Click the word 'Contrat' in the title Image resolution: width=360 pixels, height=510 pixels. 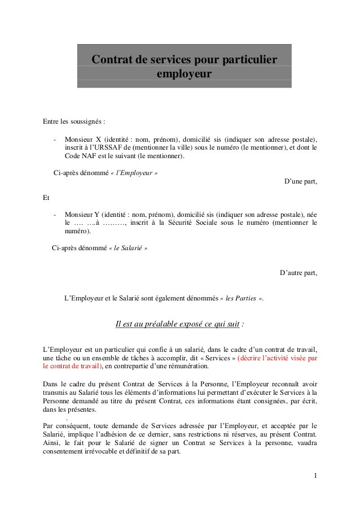[x=112, y=59]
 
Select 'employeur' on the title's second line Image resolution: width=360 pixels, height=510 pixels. [x=184, y=74]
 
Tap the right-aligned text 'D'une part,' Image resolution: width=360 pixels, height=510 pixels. [x=300, y=181]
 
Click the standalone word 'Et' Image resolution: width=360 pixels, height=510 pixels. [x=46, y=198]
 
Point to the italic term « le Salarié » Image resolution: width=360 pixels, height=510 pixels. [x=128, y=248]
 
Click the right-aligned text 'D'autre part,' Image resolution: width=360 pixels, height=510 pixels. [x=298, y=273]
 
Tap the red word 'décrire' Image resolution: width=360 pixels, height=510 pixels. [x=252, y=358]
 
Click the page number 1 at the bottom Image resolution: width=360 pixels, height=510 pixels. [x=315, y=475]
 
